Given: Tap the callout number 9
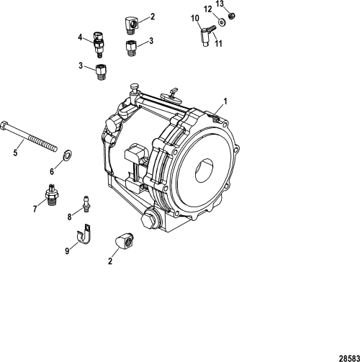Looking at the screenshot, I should (x=68, y=251).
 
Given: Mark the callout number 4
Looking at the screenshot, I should (x=80, y=36).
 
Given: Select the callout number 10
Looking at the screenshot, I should (x=195, y=18).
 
